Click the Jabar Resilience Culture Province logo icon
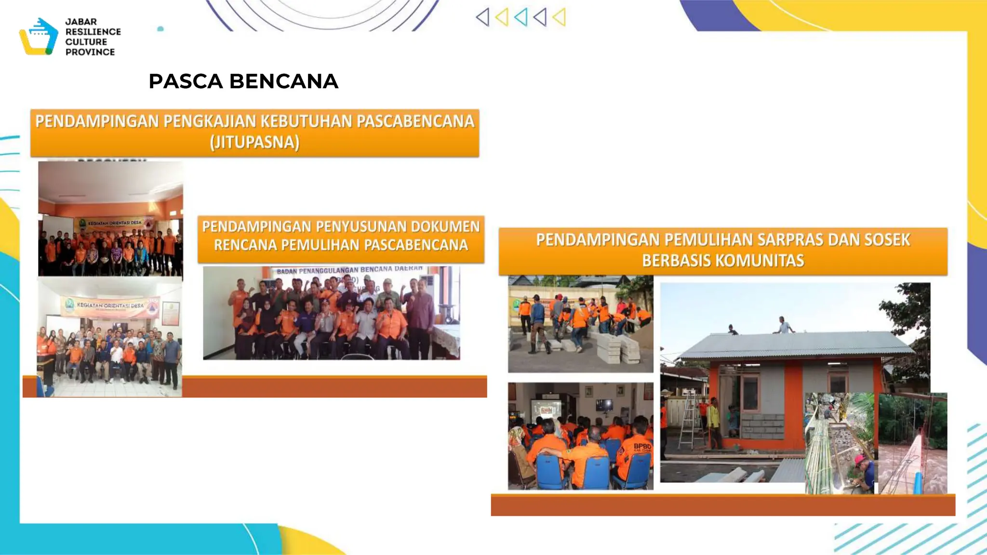click(x=39, y=37)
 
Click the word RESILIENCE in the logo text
click(x=93, y=32)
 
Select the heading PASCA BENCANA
click(x=243, y=81)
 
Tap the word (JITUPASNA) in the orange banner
click(x=254, y=142)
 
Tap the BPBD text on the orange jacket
click(x=642, y=446)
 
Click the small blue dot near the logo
click(x=160, y=29)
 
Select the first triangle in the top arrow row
click(x=482, y=17)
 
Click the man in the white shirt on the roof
click(x=784, y=326)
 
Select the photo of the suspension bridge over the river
click(x=913, y=443)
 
